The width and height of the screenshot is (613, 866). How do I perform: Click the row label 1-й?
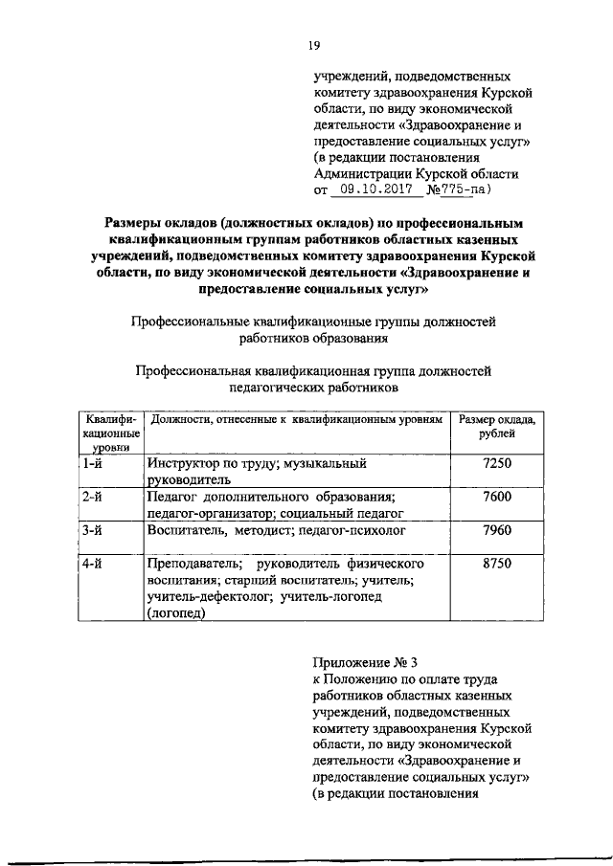click(x=93, y=463)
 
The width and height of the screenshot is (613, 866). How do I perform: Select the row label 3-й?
click(x=93, y=528)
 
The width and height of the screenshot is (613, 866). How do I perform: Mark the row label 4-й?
click(x=93, y=565)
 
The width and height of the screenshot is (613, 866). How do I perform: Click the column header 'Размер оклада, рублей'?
click(x=498, y=427)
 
